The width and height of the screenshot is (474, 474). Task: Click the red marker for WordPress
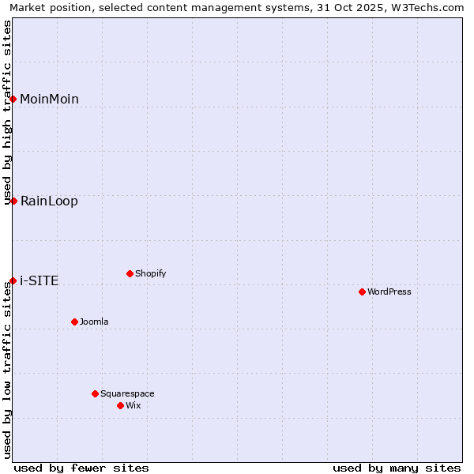click(x=362, y=292)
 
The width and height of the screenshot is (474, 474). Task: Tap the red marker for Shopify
click(x=130, y=273)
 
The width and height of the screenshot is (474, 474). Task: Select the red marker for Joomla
click(x=74, y=322)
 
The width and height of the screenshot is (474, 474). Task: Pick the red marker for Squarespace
click(x=95, y=393)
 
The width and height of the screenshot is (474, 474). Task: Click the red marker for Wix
click(x=120, y=405)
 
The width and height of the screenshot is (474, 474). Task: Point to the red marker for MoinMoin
click(x=13, y=99)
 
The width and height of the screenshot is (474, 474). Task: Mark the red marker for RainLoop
click(x=13, y=201)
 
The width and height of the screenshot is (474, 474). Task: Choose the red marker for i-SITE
click(x=13, y=280)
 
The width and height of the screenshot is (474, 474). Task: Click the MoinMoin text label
click(x=49, y=99)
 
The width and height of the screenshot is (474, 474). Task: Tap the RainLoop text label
click(x=49, y=201)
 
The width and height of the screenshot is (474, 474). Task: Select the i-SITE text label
click(x=39, y=280)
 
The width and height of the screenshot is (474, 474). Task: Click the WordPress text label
click(x=389, y=292)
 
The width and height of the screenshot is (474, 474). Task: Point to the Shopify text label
click(x=150, y=273)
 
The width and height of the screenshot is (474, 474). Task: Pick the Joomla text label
click(x=94, y=322)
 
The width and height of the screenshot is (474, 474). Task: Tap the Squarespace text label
click(x=127, y=393)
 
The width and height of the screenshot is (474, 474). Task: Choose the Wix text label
click(x=133, y=405)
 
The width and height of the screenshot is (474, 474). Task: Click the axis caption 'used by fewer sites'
click(x=81, y=468)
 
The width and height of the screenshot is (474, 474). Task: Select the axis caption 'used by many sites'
click(x=397, y=468)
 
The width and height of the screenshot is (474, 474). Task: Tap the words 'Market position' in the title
click(x=48, y=7)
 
